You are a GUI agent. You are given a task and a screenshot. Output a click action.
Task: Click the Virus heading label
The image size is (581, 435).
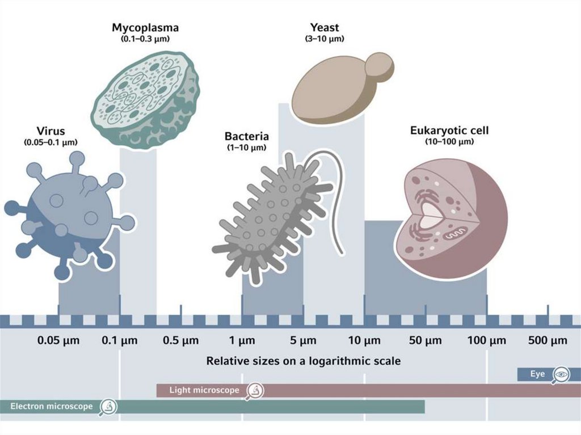coord(50,132)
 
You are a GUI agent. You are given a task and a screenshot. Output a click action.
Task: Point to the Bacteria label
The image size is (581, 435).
coord(247,137)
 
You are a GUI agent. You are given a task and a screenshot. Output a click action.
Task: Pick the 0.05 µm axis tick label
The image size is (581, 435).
coord(58,341)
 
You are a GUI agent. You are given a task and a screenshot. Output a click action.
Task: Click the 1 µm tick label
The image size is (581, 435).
coord(242,341)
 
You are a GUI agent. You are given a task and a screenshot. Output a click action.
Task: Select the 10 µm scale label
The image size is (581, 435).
coord(364,341)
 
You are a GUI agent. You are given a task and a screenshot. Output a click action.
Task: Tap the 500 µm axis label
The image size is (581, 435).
coord(548,341)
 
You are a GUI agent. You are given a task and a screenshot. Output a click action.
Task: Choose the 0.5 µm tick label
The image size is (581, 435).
coord(181,341)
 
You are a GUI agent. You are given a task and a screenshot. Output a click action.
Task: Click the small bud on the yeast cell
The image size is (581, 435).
coord(378,67)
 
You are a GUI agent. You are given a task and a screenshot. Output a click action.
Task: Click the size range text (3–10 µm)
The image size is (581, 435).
coord(324,39)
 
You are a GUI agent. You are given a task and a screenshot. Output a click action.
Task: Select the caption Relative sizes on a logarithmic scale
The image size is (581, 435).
coord(303,361)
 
